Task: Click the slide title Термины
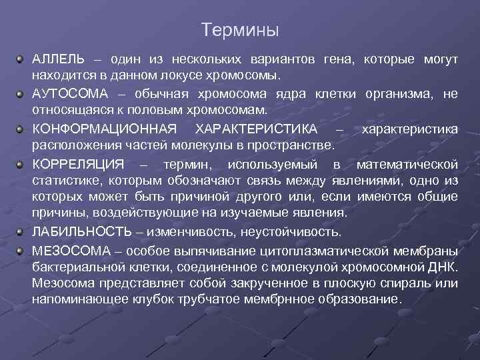(239, 31)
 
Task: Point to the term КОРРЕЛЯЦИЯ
(77, 164)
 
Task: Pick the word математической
(407, 164)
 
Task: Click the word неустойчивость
(294, 232)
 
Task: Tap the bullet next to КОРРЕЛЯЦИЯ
(21, 163)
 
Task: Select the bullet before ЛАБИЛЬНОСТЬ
(21, 231)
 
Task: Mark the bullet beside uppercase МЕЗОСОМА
(21, 249)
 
